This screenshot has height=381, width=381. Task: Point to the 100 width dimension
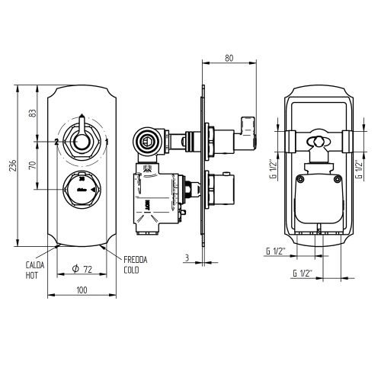tap(82, 290)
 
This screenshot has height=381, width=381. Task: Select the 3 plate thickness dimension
tap(185, 258)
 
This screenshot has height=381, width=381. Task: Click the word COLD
tap(130, 270)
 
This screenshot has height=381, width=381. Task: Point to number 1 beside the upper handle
tap(107, 142)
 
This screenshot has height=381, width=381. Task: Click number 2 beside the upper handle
tap(56, 142)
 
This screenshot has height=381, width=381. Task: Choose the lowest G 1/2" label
tap(307, 273)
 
